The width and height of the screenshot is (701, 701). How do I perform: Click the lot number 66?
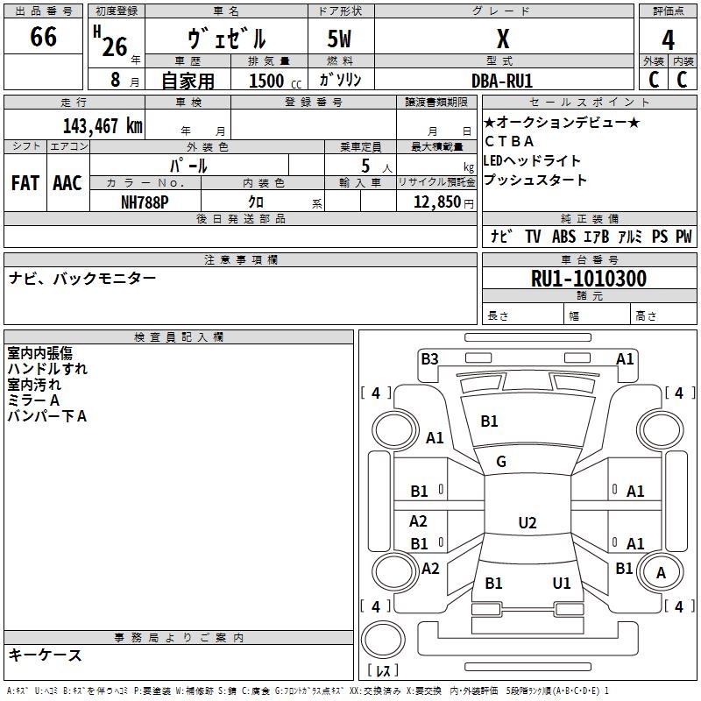[43, 38]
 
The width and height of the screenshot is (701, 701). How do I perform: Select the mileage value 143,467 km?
[103, 125]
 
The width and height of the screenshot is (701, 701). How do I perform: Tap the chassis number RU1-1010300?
[589, 279]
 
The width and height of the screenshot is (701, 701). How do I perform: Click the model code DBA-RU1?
[502, 81]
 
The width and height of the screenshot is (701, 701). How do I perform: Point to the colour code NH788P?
[145, 202]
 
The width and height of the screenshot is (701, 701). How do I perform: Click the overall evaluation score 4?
[669, 40]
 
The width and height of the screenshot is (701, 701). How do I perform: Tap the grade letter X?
[503, 39]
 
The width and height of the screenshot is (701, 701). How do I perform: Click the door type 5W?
[342, 39]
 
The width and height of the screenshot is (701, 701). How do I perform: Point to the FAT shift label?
[25, 183]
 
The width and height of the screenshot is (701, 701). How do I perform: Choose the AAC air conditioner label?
[67, 183]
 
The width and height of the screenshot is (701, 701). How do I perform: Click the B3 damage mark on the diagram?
[429, 358]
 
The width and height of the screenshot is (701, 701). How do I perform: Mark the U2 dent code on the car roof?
[527, 523]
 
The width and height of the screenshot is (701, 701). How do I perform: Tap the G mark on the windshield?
[501, 462]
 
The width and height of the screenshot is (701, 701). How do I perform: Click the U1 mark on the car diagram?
[562, 583]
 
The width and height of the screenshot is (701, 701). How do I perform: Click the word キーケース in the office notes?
[45, 655]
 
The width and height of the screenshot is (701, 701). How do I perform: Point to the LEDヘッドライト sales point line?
[532, 160]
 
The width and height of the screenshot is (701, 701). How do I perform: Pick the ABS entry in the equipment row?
[563, 237]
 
